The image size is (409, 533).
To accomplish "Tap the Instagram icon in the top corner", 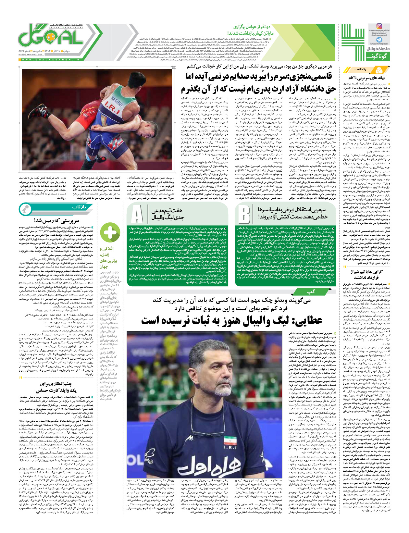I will coord(379,26).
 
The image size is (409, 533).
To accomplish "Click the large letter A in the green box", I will coord(137,214).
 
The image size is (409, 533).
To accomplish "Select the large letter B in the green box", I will coord(243,214).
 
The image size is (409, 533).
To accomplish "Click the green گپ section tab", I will coord(311,291).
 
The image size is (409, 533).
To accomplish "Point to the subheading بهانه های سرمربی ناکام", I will coord(366,78).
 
